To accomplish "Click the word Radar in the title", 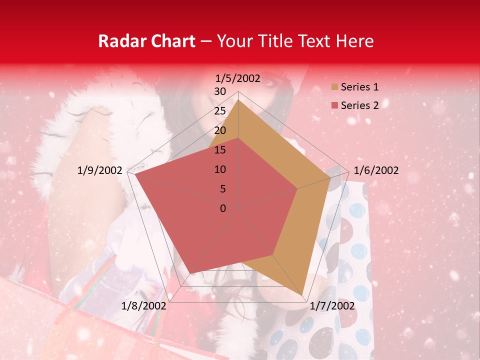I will [x=121, y=41].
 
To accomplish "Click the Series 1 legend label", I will [x=359, y=87].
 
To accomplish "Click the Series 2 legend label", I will [x=359, y=105].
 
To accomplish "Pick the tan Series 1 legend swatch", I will [x=334, y=87].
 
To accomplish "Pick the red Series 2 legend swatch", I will [x=334, y=105].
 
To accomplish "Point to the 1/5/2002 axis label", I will [x=238, y=78].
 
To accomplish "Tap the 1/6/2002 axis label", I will [x=376, y=170].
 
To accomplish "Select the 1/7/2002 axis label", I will [x=332, y=305].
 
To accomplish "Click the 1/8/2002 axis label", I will [x=144, y=305].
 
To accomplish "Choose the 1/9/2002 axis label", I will [x=100, y=170].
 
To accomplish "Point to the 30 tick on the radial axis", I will [x=220, y=91].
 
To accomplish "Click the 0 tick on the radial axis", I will [x=223, y=208].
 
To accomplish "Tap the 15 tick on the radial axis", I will [x=220, y=150].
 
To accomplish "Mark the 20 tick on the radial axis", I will [x=220, y=130].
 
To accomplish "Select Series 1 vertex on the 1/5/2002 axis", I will [x=238, y=100].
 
